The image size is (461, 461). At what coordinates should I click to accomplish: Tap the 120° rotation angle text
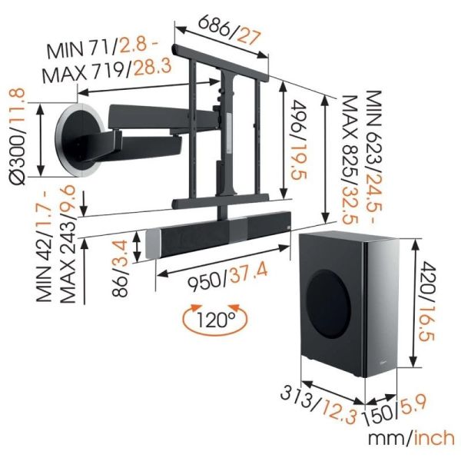[216, 320]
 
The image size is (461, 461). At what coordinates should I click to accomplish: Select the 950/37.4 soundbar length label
[228, 278]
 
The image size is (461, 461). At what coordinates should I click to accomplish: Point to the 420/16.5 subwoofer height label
[426, 302]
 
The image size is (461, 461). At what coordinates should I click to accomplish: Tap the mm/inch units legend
[412, 439]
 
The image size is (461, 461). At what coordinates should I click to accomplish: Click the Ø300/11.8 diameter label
[18, 137]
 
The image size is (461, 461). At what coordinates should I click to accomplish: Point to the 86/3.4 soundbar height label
[121, 268]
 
